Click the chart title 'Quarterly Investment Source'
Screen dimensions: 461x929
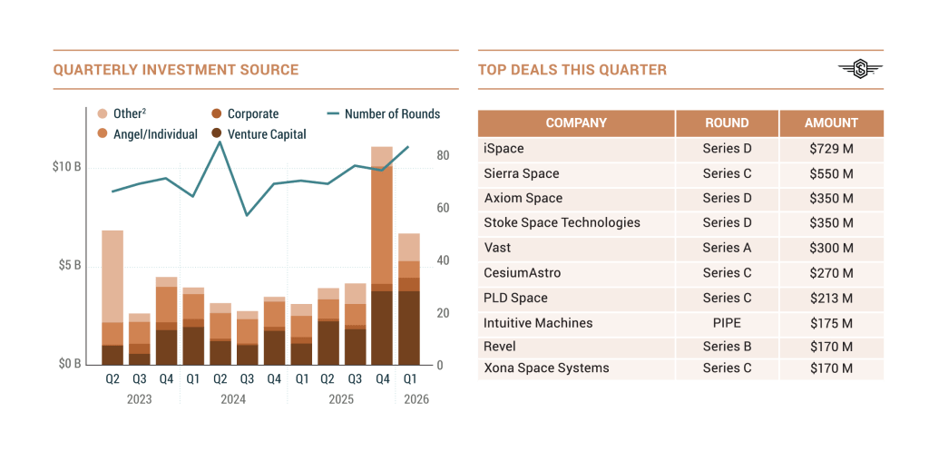tap(175, 70)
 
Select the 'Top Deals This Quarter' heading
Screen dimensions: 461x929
tap(572, 70)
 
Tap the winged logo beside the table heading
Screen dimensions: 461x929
tap(860, 70)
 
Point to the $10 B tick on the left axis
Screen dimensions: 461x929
tap(67, 168)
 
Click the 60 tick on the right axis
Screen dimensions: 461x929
tap(442, 208)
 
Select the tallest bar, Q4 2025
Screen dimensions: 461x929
tap(382, 255)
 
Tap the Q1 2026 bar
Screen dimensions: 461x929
tap(410, 299)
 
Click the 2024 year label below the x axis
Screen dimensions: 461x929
tap(233, 399)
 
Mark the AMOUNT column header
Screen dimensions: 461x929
tap(831, 123)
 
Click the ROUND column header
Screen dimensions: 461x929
tap(727, 123)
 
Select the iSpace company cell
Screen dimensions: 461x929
tap(504, 149)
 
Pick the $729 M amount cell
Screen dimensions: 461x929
tap(831, 149)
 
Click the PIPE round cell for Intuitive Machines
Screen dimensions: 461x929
tap(727, 323)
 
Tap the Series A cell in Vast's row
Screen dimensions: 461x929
tap(727, 248)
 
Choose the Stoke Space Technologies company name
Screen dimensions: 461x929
tap(562, 223)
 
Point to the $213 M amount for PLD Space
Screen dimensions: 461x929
tap(831, 299)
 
